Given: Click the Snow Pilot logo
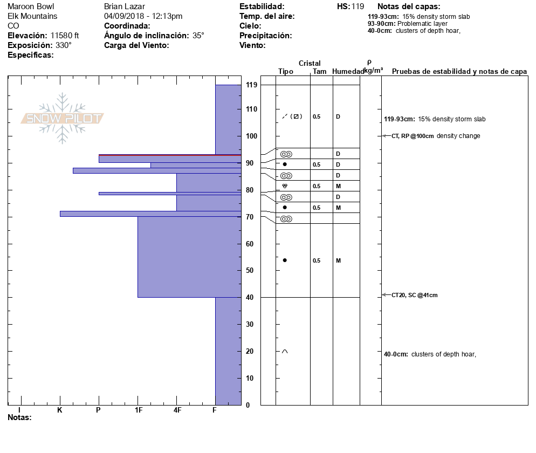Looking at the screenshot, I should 63,118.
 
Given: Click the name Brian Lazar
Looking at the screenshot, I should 125,6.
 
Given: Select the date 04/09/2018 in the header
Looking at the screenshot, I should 125,16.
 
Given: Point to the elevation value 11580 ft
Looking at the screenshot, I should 65,36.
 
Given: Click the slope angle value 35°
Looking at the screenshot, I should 198,36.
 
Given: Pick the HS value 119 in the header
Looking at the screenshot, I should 358,6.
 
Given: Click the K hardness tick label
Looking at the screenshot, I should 60,410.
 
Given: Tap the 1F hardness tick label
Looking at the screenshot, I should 138,410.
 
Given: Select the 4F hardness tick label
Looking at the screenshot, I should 177,410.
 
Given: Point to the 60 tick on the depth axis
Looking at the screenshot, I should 250,244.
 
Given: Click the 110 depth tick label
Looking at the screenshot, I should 251,109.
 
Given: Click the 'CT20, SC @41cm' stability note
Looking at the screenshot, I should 415,295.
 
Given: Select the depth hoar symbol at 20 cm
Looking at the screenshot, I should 285,352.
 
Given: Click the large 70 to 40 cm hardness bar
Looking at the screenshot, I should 189,257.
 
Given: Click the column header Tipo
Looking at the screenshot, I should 286,72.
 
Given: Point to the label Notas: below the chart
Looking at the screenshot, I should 19,417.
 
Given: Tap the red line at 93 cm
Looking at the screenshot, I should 169,155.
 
